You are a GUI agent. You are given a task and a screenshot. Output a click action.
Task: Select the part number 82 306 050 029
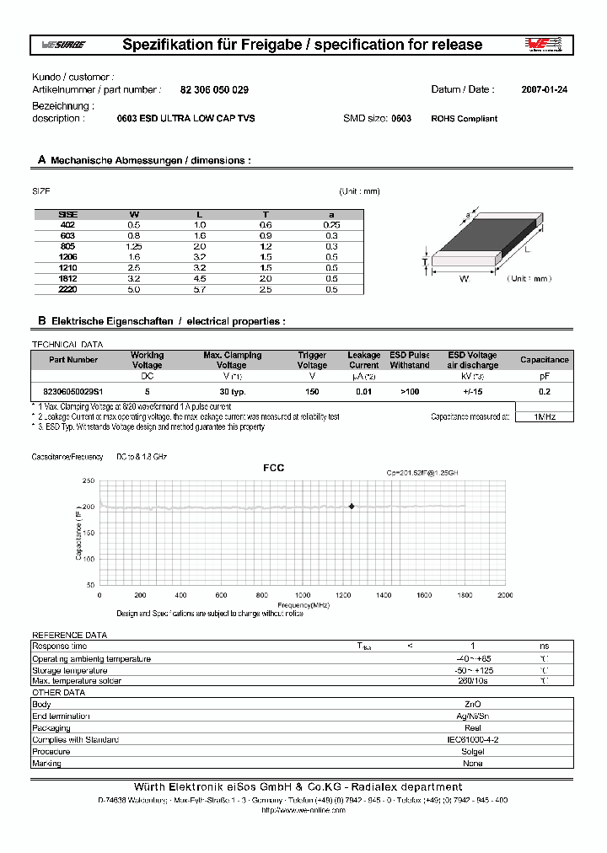pos(214,89)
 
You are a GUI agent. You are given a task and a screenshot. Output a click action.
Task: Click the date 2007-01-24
pos(544,89)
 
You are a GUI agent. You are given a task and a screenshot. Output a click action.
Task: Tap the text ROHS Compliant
pos(464,119)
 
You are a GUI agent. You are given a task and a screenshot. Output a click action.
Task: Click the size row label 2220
pos(67,289)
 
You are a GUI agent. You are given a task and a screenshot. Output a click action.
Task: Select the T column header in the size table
pos(266,215)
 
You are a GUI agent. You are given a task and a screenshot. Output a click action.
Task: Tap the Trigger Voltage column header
pos(312,360)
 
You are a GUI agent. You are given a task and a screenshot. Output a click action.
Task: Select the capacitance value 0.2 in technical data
pos(544,392)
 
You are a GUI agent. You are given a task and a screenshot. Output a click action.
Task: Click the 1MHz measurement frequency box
pos(544,416)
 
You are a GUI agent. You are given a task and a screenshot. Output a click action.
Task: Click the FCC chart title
pos(274,468)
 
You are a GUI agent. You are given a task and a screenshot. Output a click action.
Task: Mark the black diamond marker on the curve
pos(352,506)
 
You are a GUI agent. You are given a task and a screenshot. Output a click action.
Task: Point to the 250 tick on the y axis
pos(88,480)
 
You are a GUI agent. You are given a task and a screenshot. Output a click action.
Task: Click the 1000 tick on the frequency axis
pos(303,595)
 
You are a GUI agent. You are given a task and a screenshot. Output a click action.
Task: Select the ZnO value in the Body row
pos(473,704)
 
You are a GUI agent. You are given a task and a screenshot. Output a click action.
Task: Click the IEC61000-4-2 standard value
pos(473,739)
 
